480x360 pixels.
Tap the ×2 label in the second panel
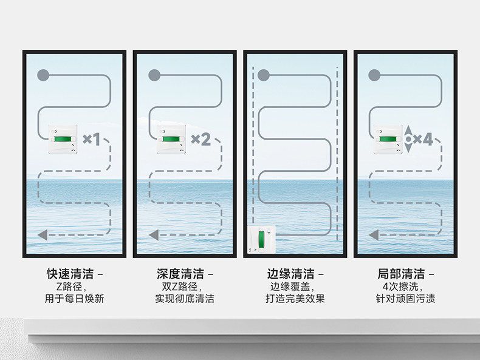(201, 140)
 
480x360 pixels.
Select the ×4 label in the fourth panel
(423, 140)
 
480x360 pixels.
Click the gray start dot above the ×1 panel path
(43, 75)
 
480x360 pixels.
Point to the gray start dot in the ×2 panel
(154, 75)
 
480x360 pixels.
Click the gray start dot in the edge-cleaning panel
(263, 75)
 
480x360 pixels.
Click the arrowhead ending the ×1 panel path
(43, 234)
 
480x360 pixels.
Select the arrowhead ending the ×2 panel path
(153, 234)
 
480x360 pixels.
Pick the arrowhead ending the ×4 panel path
(374, 234)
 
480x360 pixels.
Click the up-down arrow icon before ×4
(409, 140)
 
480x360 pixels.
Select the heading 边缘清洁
(290, 274)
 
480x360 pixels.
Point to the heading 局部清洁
(400, 274)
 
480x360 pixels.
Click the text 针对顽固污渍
(405, 299)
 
